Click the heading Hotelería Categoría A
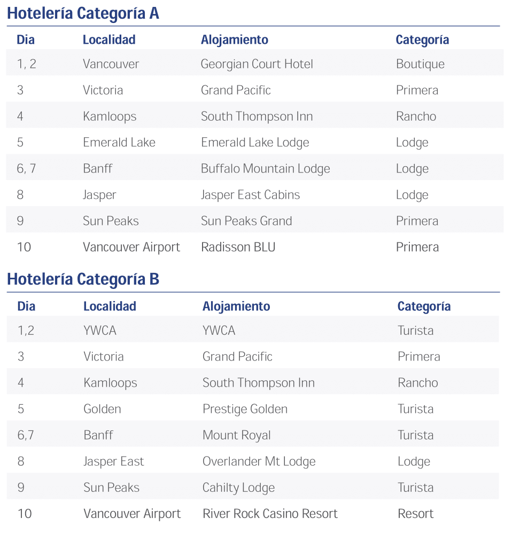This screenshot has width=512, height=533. (x=83, y=13)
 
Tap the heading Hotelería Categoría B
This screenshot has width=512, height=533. (x=83, y=279)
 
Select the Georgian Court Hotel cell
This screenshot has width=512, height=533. (x=257, y=64)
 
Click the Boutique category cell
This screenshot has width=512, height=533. (x=420, y=64)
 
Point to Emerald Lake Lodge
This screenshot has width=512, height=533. (x=255, y=143)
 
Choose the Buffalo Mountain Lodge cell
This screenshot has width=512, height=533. (x=265, y=169)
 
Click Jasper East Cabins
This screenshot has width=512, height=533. (x=250, y=195)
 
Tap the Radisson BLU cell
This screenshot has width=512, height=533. (x=238, y=247)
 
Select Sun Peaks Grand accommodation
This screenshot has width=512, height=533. (x=246, y=221)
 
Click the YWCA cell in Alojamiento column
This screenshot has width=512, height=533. (x=219, y=331)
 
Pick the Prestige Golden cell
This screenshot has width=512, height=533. (x=245, y=409)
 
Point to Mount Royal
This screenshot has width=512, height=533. (x=236, y=435)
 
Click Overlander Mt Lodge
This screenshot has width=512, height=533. (x=259, y=461)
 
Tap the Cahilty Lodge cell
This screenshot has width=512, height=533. (x=238, y=488)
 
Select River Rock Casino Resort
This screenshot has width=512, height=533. (x=270, y=514)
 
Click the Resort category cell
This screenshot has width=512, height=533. (x=415, y=514)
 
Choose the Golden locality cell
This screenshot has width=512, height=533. (x=102, y=409)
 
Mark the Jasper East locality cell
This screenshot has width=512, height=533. (x=113, y=461)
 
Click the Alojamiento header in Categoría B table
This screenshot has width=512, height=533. (x=236, y=307)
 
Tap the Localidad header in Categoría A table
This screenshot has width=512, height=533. (x=109, y=40)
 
